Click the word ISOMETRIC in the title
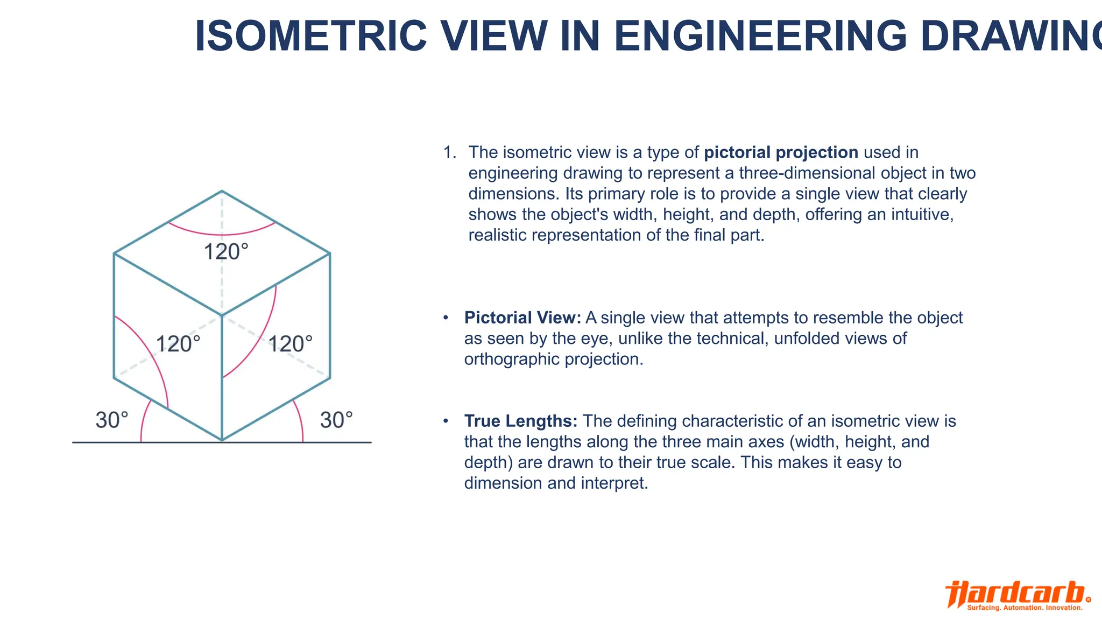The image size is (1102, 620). coord(310,36)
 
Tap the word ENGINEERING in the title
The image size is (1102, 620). coord(760,36)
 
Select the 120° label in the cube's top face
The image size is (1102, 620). coord(226,252)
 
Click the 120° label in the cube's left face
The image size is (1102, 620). coord(178,344)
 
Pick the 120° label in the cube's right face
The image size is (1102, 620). coord(290,344)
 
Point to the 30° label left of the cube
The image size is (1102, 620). coord(112,420)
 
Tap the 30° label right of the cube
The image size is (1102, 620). coord(336,420)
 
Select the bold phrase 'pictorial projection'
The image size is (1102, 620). coord(781,152)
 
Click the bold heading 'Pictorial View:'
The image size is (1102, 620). coord(522,318)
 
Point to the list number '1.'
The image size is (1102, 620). coord(449,152)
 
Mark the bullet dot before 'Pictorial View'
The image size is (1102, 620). coord(446,318)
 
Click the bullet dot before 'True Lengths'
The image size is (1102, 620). coord(446,421)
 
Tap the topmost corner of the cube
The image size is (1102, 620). coord(222,191)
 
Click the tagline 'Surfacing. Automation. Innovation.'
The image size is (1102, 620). coord(1025,608)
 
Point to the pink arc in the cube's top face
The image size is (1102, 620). coord(222,235)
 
